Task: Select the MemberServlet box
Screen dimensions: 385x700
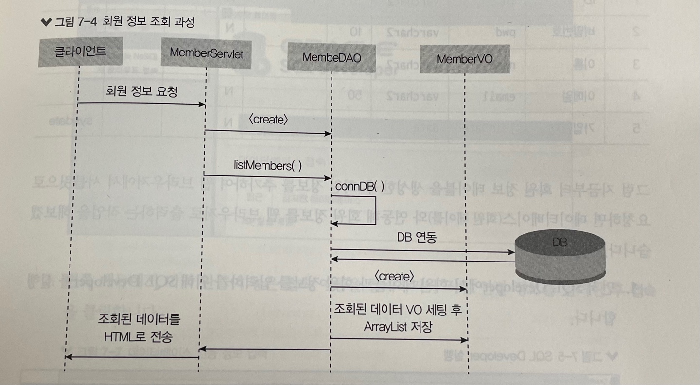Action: pyautogui.click(x=206, y=52)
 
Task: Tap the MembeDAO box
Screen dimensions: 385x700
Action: pyautogui.click(x=332, y=57)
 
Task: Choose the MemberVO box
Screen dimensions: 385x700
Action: pyautogui.click(x=465, y=59)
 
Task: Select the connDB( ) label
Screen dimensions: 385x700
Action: pyautogui.click(x=359, y=185)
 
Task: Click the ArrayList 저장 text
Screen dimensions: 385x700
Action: pyautogui.click(x=398, y=327)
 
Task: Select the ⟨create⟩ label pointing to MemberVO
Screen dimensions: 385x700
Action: pyautogui.click(x=395, y=276)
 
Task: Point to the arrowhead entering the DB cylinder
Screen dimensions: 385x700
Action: pyautogui.click(x=511, y=252)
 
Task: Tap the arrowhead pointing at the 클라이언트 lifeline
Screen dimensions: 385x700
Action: pyautogui.click(x=69, y=357)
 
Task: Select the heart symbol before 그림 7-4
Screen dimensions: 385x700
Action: pyautogui.click(x=46, y=22)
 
